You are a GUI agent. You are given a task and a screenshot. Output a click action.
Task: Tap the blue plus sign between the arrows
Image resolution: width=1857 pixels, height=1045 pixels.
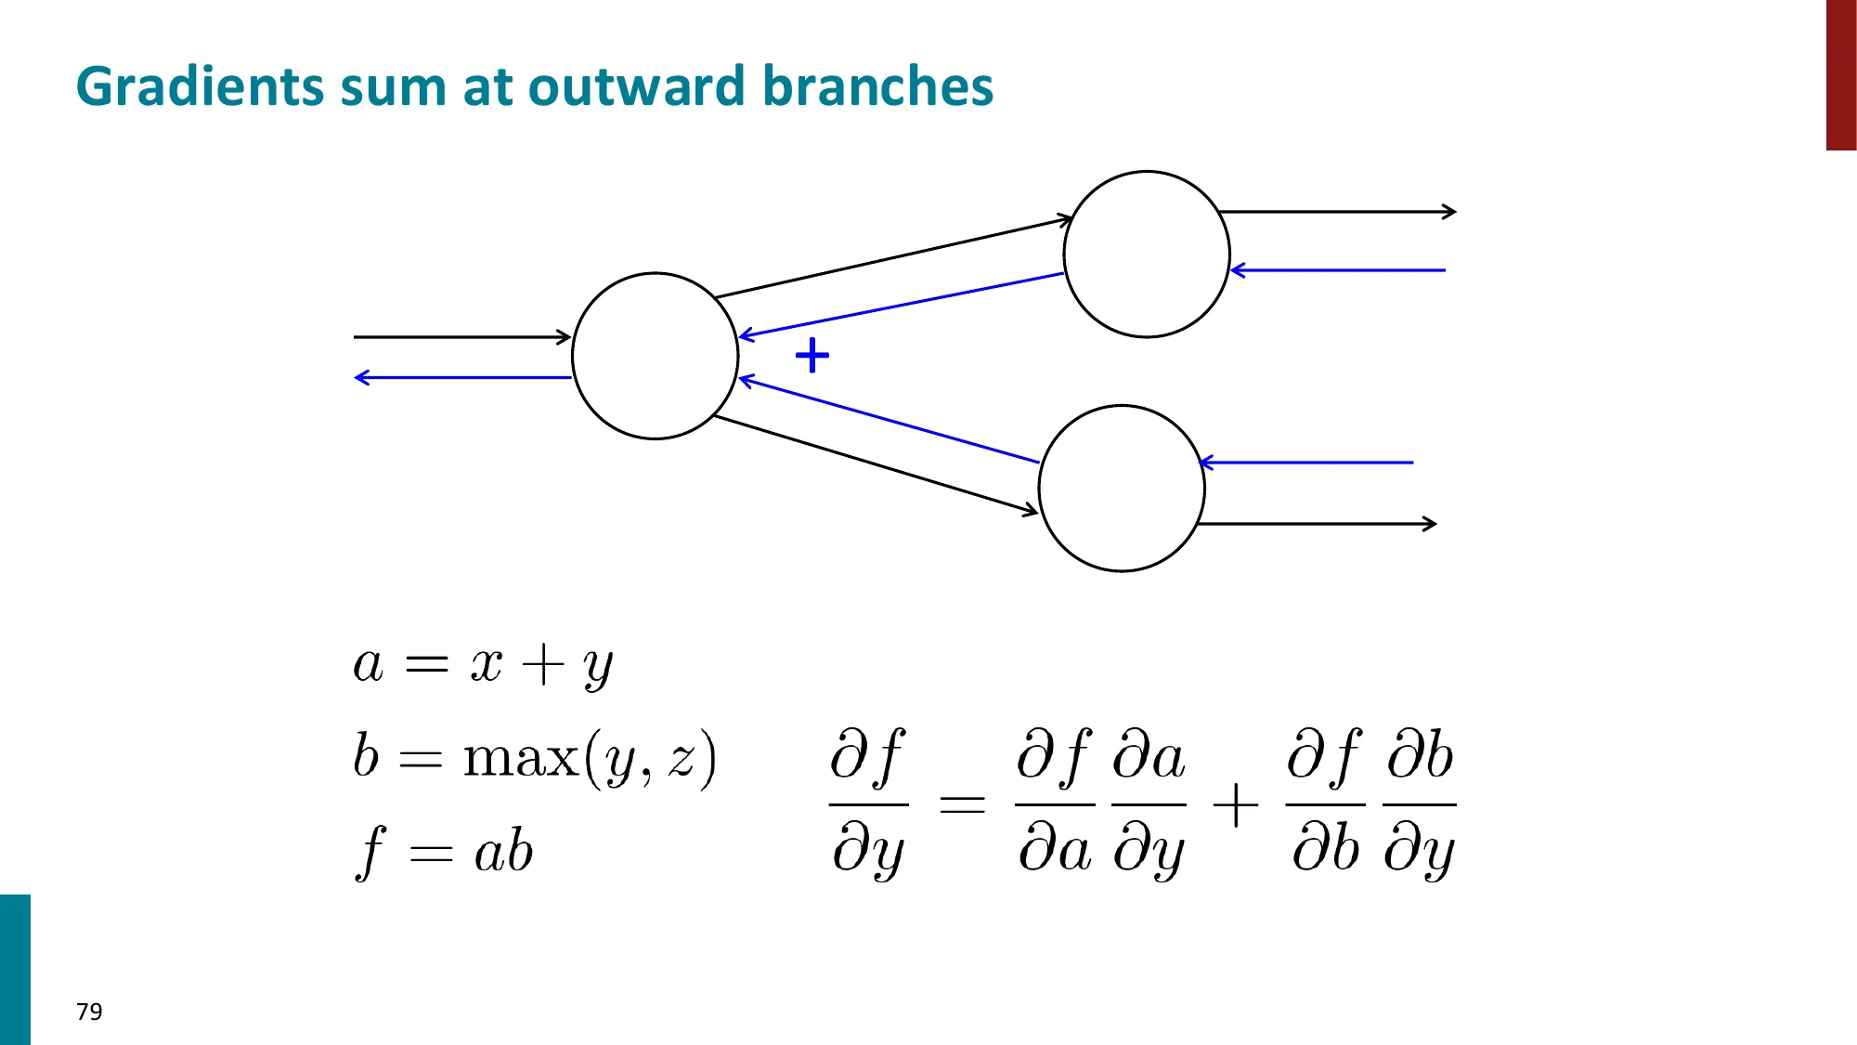coord(812,356)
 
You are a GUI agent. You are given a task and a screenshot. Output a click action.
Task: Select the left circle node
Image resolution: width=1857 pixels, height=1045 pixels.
coord(655,356)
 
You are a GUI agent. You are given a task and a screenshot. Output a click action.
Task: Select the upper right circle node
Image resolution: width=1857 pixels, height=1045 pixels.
coord(1147,254)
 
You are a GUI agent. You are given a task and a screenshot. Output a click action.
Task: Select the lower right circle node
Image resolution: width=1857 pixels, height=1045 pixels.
coord(1122,488)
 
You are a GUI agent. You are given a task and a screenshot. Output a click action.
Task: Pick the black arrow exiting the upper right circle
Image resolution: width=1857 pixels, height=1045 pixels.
coord(1337,212)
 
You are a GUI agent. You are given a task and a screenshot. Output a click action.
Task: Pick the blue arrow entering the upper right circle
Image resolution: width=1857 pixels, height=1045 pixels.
coord(1337,270)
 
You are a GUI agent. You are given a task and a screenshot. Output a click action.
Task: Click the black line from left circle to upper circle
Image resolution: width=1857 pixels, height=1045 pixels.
coord(891,258)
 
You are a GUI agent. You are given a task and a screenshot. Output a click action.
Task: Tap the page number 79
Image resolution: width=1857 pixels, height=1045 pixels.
coord(89,1012)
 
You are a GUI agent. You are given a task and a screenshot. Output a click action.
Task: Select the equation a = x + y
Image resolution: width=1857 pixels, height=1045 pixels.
coord(483,665)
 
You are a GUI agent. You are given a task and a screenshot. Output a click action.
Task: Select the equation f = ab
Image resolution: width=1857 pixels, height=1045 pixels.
coord(444,851)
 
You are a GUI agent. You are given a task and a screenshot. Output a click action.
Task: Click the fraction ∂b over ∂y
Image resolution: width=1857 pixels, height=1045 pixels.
coord(1419,803)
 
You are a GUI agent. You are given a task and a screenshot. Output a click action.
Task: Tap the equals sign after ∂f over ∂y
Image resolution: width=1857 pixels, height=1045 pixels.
coord(962,803)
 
